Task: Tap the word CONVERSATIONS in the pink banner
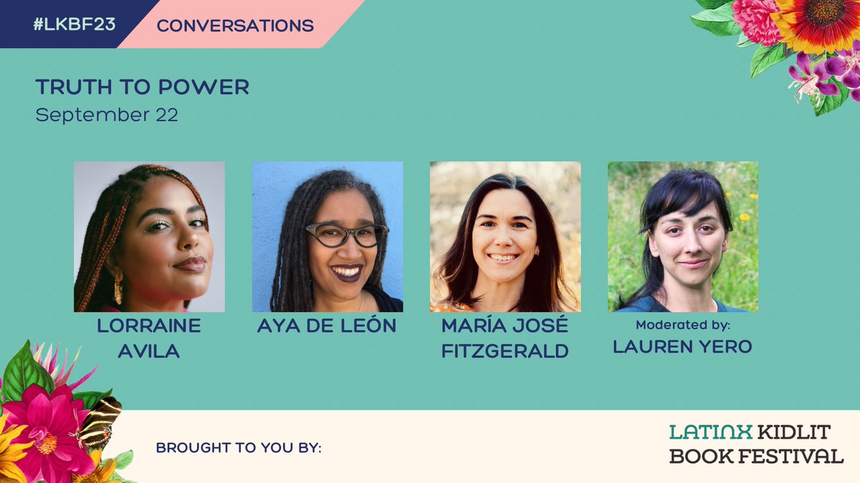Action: [x=235, y=26]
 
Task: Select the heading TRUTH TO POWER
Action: [x=142, y=87]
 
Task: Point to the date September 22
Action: [x=107, y=114]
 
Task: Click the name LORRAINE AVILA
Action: [x=149, y=338]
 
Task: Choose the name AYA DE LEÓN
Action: [x=327, y=326]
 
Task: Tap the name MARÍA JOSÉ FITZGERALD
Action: [x=505, y=338]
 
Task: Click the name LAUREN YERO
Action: [x=683, y=347]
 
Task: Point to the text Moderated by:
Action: [x=683, y=324]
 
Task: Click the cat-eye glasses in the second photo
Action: [x=346, y=235]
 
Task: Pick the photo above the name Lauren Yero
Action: [x=683, y=237]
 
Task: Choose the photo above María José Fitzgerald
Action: [x=505, y=237]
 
